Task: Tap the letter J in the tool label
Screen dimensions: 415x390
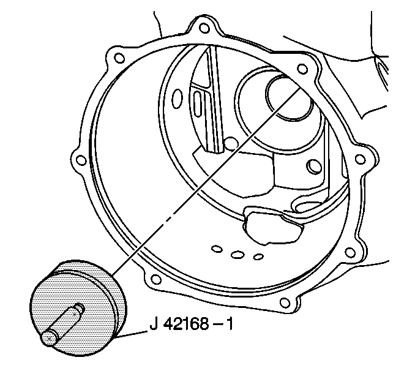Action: [154, 324]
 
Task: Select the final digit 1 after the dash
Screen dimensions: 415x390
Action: [230, 323]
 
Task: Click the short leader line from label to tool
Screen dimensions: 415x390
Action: [132, 334]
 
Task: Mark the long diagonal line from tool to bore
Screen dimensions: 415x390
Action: [206, 182]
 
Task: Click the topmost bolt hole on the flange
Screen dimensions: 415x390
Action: [204, 28]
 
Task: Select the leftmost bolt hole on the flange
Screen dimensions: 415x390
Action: [81, 160]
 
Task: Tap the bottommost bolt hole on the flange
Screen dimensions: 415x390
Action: [285, 302]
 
